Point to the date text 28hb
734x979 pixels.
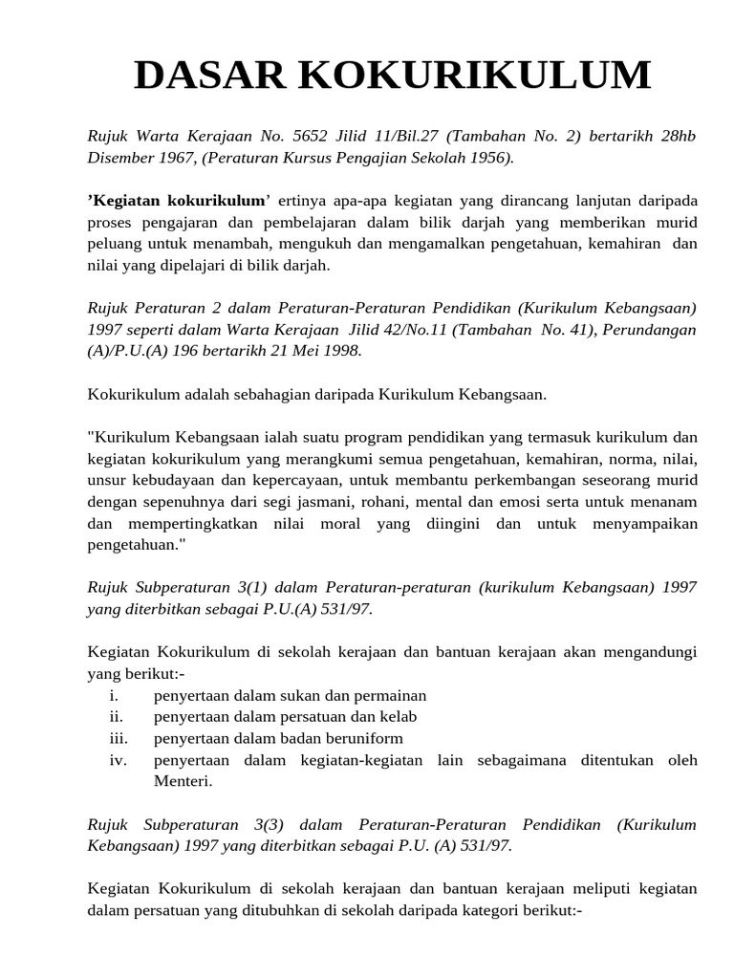(x=676, y=136)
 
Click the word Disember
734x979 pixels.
(x=120, y=157)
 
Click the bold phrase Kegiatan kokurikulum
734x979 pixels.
(x=179, y=201)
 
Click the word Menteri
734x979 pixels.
(x=183, y=781)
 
